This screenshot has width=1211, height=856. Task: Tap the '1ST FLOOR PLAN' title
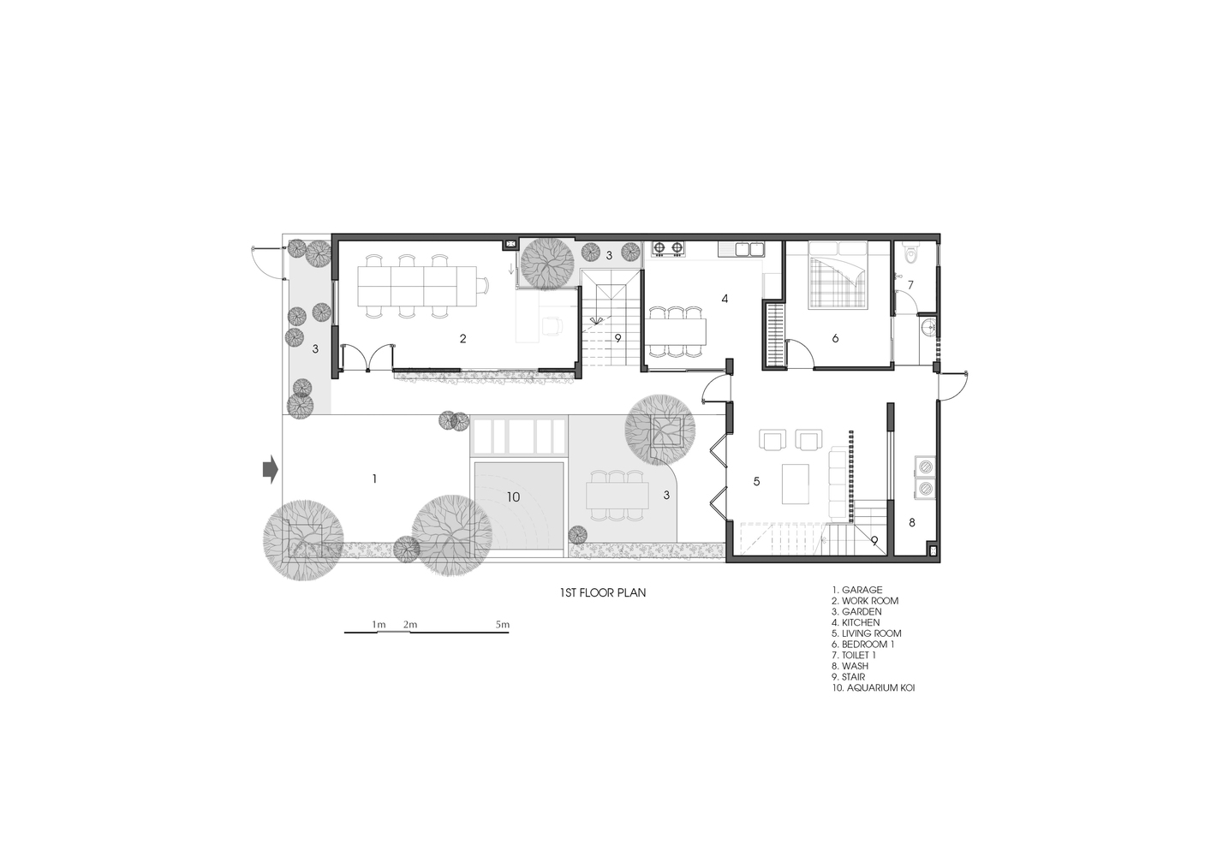[x=603, y=593]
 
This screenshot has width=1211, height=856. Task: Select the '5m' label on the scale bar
[x=502, y=625]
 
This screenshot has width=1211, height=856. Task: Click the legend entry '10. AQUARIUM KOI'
[x=873, y=688]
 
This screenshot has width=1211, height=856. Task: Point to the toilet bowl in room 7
[x=911, y=254]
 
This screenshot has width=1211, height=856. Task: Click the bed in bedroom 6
[x=838, y=275]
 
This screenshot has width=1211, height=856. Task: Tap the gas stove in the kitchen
[x=668, y=248]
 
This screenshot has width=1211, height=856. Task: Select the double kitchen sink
[x=741, y=248]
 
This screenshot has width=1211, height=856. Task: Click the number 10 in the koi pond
[x=513, y=496]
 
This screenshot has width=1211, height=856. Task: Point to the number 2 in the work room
[x=462, y=338]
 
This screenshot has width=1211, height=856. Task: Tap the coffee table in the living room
[x=796, y=484]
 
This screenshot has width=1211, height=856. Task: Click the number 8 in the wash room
[x=912, y=522]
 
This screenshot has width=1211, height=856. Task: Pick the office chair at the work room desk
[x=552, y=326]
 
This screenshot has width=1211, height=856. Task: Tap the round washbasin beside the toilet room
[x=928, y=326]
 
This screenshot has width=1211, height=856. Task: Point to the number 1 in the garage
[x=374, y=479]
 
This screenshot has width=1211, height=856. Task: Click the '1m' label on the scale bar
[x=379, y=625]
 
